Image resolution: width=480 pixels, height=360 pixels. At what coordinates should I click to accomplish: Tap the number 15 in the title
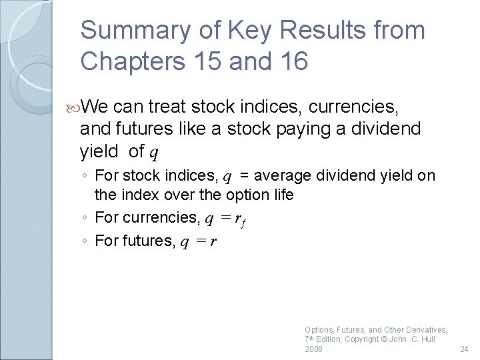tap(203, 61)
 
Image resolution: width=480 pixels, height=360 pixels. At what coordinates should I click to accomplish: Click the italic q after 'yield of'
tap(153, 153)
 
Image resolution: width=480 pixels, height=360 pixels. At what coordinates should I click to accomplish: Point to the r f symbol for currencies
tap(240, 219)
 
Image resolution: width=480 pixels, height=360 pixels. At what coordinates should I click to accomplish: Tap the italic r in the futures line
tap(213, 241)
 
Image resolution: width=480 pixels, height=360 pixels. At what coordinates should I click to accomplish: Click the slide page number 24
tap(465, 349)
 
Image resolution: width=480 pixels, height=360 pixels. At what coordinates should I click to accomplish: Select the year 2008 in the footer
tap(313, 349)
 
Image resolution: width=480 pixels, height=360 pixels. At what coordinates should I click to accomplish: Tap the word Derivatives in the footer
tap(422, 329)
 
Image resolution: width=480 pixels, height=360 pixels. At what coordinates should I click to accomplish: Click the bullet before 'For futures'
tap(87, 241)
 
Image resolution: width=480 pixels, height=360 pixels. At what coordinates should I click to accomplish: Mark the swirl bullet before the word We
tap(75, 107)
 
